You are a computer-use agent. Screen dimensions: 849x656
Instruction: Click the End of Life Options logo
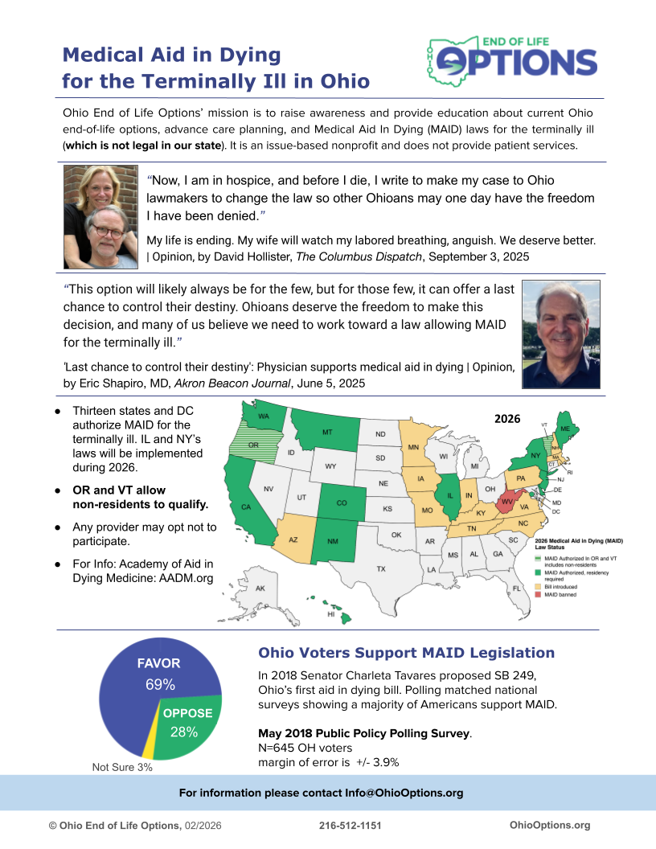(x=511, y=60)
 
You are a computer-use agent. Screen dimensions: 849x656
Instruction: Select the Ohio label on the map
(x=489, y=489)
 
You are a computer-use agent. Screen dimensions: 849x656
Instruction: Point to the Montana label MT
(x=327, y=433)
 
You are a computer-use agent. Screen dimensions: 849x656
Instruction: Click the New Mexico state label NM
(x=332, y=541)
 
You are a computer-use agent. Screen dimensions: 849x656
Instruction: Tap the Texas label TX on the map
(x=381, y=569)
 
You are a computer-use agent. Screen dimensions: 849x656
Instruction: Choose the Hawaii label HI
(x=330, y=613)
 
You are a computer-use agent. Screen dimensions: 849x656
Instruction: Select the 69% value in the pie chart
(x=160, y=685)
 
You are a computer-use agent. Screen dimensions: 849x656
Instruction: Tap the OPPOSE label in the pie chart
(x=187, y=713)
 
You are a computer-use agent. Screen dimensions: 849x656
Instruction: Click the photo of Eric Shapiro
(x=560, y=334)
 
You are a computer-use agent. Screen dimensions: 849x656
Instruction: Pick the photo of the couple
(x=100, y=217)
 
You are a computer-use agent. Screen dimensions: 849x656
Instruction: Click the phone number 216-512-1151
(x=350, y=825)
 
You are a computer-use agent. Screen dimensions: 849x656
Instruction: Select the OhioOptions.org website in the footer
(x=550, y=825)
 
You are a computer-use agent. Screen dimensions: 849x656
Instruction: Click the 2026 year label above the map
(x=507, y=419)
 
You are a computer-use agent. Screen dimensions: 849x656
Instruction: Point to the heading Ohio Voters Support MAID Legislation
(x=406, y=653)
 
